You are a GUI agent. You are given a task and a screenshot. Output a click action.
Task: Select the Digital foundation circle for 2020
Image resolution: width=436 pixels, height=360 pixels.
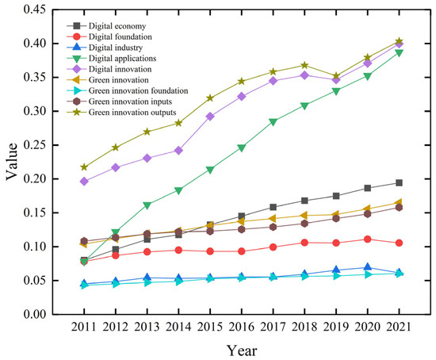366,239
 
